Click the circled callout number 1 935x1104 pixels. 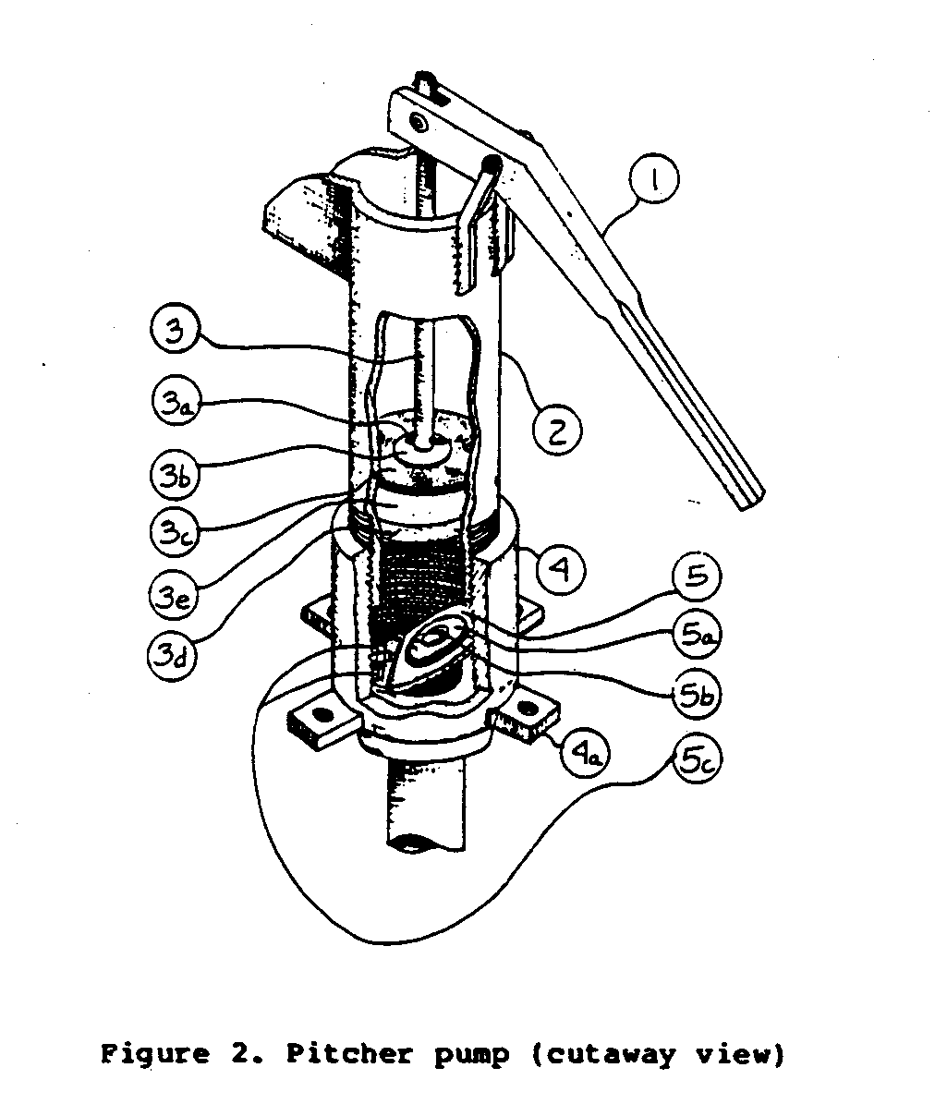(x=655, y=178)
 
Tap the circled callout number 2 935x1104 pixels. (x=557, y=431)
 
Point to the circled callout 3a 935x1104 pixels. (x=176, y=404)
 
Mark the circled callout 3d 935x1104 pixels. (x=172, y=656)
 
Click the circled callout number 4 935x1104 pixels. (x=561, y=569)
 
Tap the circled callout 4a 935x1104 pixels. (x=585, y=755)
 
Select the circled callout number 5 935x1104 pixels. (x=696, y=576)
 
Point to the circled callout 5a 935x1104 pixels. (x=697, y=635)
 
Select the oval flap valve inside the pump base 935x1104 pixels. (x=431, y=642)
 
